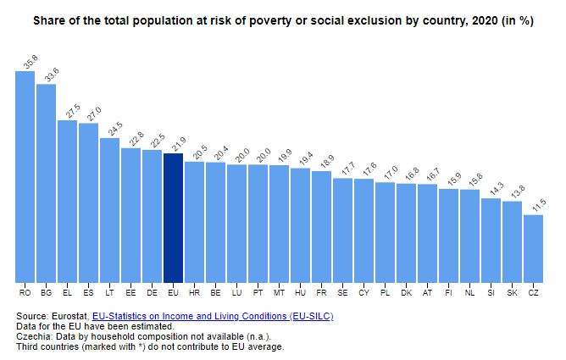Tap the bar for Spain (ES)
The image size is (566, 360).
89,202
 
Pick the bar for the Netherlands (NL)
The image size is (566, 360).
469,236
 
